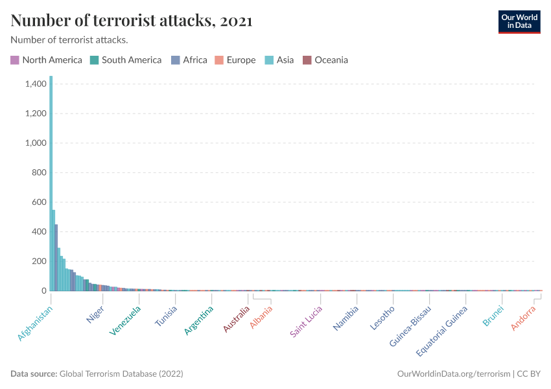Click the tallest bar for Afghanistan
tap(51, 185)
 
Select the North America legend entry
tap(46, 60)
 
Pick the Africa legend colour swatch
tap(176, 60)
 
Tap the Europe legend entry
tap(235, 60)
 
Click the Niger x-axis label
tap(95, 314)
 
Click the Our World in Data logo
tap(519, 21)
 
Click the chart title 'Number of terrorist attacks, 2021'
tap(132, 21)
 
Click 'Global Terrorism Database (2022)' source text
tap(121, 374)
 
